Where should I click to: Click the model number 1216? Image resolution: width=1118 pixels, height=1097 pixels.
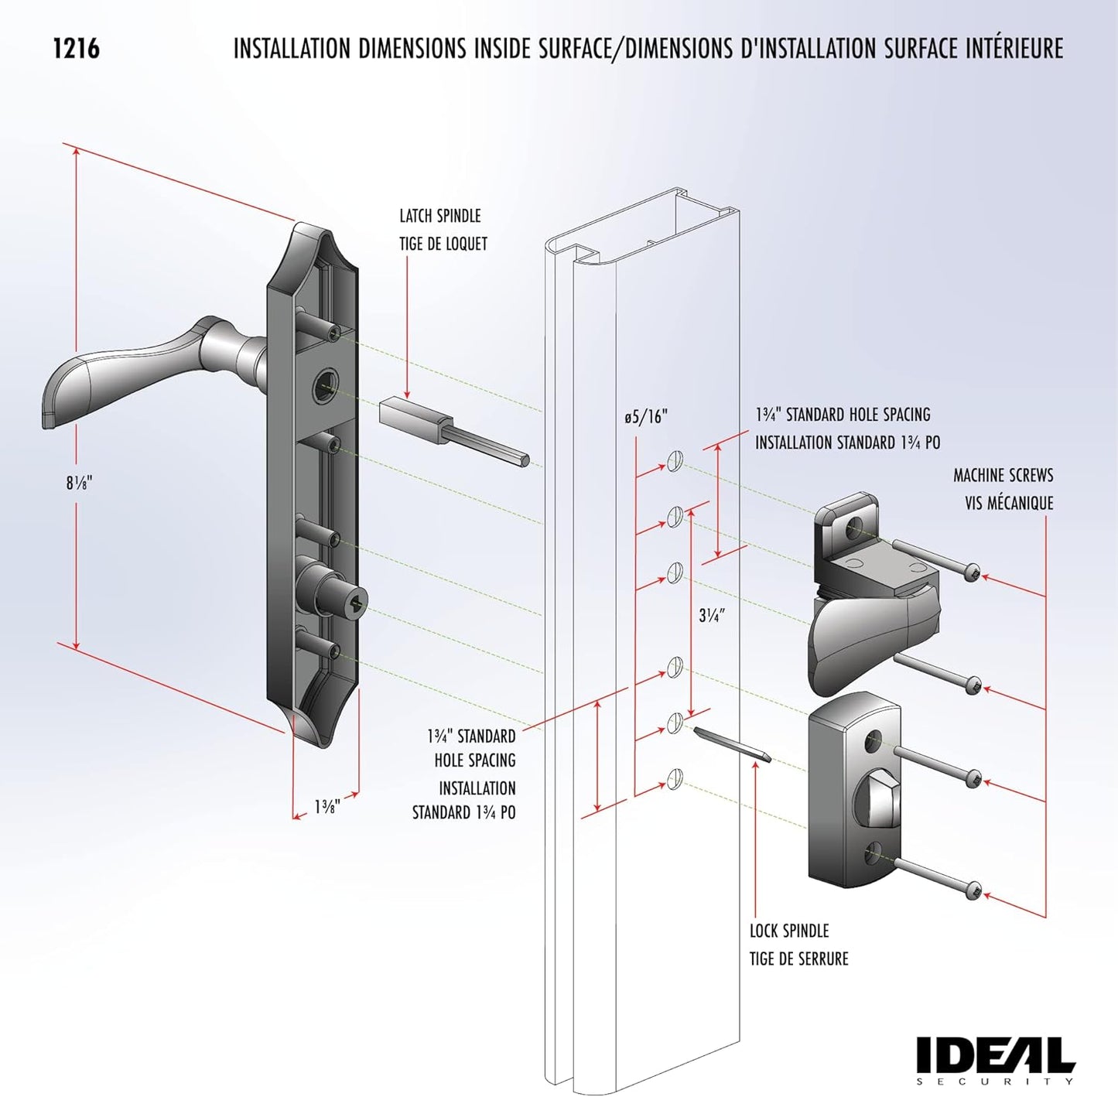point(76,49)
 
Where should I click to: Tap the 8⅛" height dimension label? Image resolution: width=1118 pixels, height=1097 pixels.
point(78,484)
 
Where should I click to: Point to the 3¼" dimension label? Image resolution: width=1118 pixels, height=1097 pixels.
point(711,616)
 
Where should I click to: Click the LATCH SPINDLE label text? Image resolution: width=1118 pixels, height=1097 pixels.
point(439,216)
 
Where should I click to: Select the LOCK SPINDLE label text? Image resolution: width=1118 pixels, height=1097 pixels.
point(788,931)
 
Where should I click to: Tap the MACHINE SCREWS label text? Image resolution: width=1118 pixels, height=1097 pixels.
point(1003,475)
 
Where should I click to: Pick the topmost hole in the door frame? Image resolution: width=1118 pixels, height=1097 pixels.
point(675,462)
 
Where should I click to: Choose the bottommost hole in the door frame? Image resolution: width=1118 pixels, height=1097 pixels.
point(675,777)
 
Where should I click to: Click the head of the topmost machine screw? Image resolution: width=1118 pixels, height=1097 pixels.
point(972,573)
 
